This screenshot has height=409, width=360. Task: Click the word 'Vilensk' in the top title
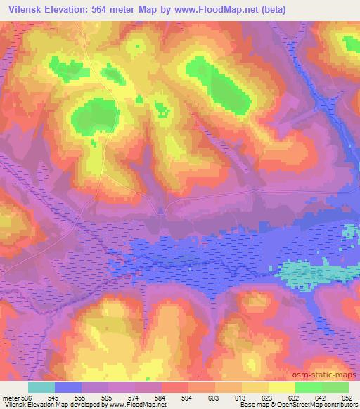click(x=23, y=9)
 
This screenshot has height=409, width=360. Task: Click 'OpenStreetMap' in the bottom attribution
click(x=296, y=405)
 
